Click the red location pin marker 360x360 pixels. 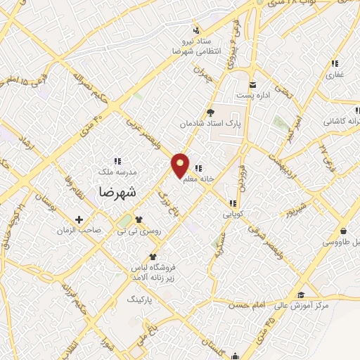point(181,165)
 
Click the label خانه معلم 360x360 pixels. point(198,180)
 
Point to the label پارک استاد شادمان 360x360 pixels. point(210,123)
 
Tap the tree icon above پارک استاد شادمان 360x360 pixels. point(210,112)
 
